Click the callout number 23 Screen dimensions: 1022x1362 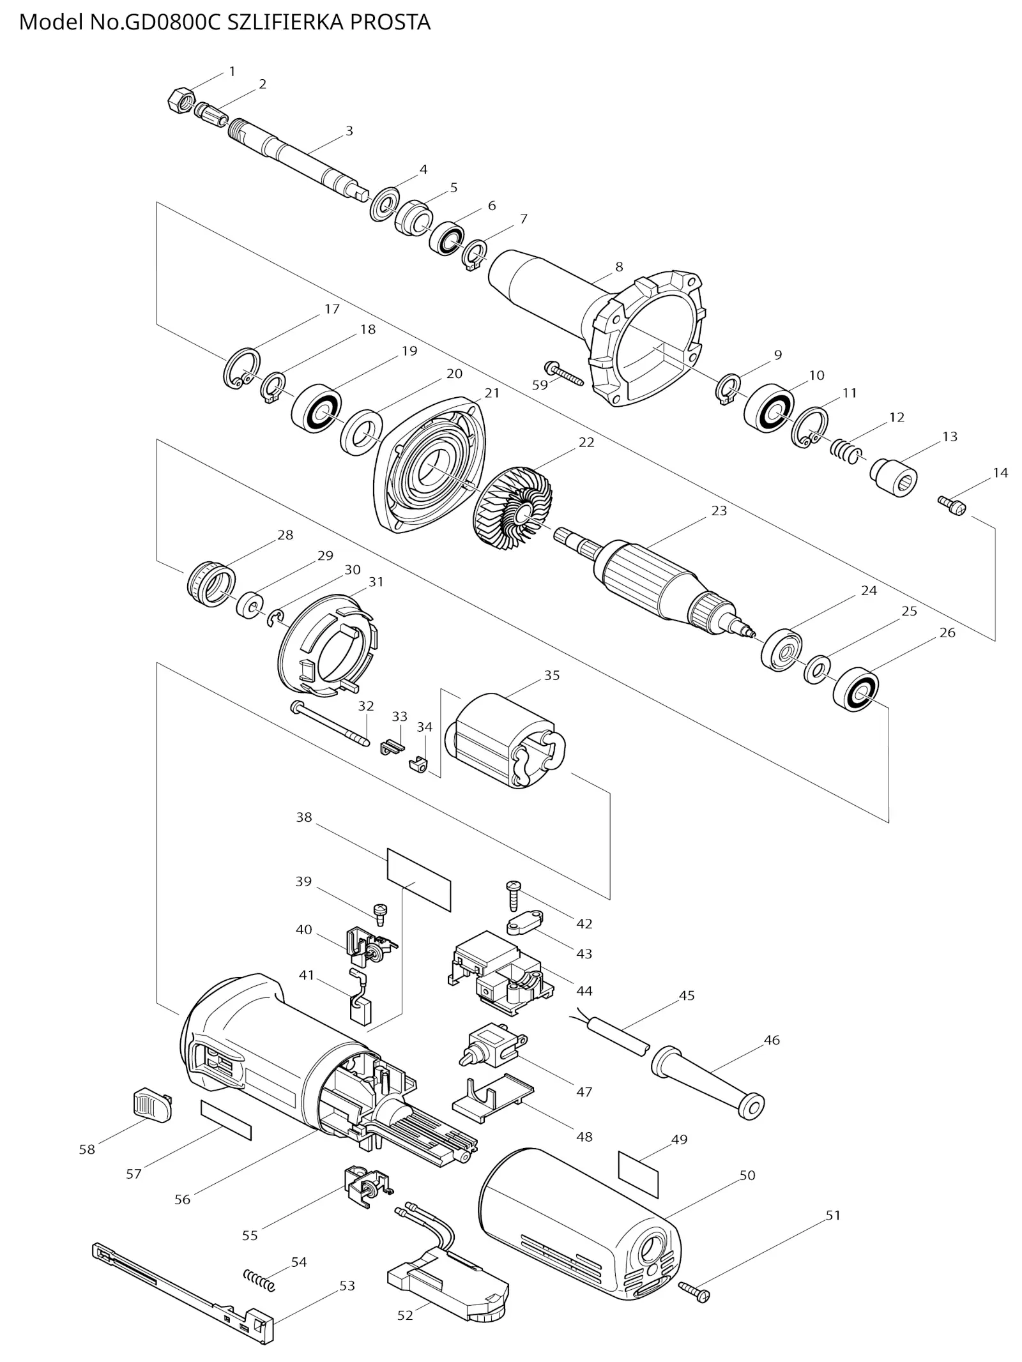pyautogui.click(x=719, y=510)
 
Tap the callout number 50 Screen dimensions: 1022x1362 pyautogui.click(x=747, y=1175)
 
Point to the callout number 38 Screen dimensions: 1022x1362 pyautogui.click(x=303, y=817)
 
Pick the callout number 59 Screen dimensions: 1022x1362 pyautogui.click(x=540, y=385)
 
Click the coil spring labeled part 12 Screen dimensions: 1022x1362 pyautogui.click(x=845, y=450)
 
